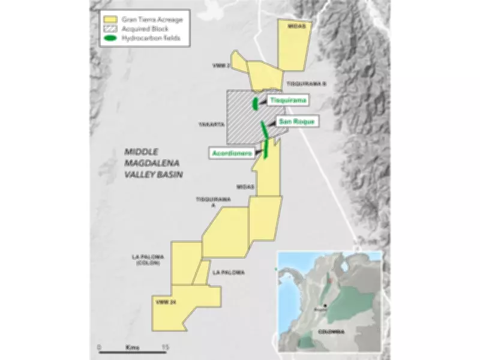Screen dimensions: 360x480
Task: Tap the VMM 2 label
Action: point(221,65)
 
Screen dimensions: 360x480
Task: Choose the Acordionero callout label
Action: point(231,153)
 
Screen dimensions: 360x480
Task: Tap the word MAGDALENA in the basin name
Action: point(151,163)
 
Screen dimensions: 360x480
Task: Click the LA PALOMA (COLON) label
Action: point(148,260)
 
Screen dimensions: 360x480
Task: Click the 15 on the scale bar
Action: point(165,347)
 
